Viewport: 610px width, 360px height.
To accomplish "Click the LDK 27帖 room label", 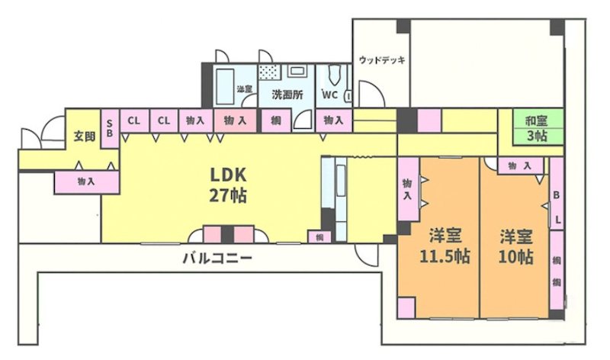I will pos(228,184).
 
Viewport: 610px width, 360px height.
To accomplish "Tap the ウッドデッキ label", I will pos(380,60).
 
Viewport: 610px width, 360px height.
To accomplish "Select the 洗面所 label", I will pos(287,95).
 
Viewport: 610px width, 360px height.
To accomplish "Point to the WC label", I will pos(329,95).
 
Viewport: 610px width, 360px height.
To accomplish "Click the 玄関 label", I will pos(84,137).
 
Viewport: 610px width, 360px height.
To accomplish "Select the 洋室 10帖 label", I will pos(515,246).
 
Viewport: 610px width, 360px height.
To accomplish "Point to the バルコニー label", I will pos(217,259).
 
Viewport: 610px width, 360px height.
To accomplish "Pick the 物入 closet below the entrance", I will pos(85,182).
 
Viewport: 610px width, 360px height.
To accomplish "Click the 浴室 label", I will pos(245,90).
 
